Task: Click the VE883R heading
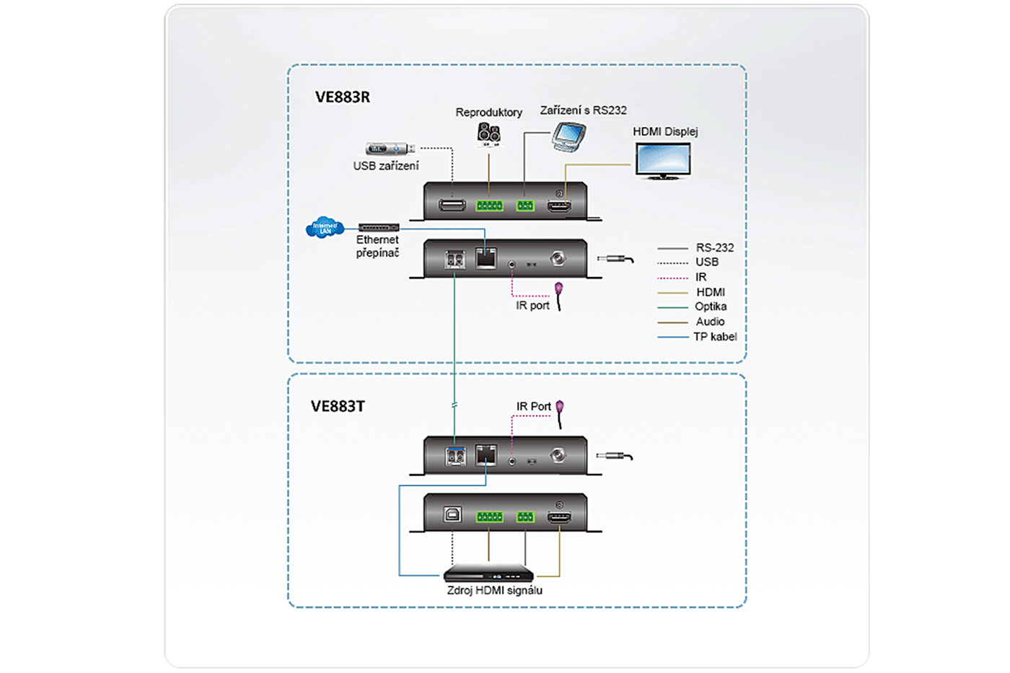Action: click(x=342, y=97)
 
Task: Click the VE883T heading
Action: click(x=338, y=406)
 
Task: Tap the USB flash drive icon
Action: click(x=390, y=149)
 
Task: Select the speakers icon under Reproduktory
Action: click(x=488, y=133)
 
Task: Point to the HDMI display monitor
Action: click(x=663, y=160)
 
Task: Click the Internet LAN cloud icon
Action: click(x=324, y=227)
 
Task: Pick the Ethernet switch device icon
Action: click(x=379, y=228)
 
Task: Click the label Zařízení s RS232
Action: click(x=583, y=110)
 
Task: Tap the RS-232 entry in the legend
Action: click(x=714, y=247)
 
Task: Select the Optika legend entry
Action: click(x=711, y=307)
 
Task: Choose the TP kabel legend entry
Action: click(x=715, y=336)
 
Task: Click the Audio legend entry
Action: click(x=710, y=322)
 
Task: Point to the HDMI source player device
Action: click(x=488, y=574)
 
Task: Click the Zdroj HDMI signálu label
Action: click(x=494, y=590)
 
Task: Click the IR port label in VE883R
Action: click(x=532, y=305)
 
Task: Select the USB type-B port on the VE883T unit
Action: click(x=452, y=514)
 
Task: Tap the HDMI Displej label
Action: click(x=665, y=131)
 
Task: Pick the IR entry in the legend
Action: click(x=701, y=277)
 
